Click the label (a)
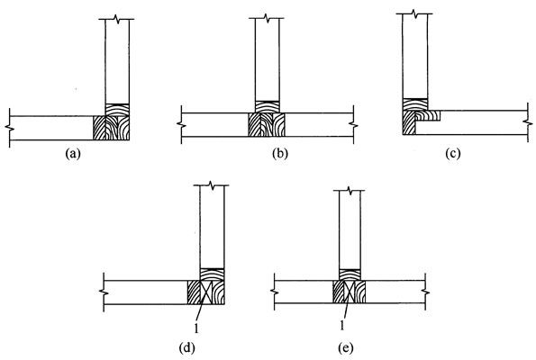point(73,154)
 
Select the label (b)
point(280,154)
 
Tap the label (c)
point(453,154)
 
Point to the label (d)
point(187,348)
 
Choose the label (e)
point(345,348)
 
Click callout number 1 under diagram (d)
point(195,328)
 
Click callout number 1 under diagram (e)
point(341,326)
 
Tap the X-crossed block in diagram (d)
point(205,292)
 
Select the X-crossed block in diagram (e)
point(349,292)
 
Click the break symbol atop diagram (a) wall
point(118,19)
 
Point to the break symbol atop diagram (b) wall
point(268,18)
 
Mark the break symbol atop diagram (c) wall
point(414,13)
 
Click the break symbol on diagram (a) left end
point(9,128)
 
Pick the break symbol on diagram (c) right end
point(528,122)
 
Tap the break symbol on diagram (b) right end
point(353,125)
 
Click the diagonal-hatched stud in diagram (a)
point(99,128)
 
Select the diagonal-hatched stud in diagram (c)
point(409,122)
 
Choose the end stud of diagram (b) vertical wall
point(268,107)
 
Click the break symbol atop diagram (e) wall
point(349,191)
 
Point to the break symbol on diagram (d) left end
point(104,292)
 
